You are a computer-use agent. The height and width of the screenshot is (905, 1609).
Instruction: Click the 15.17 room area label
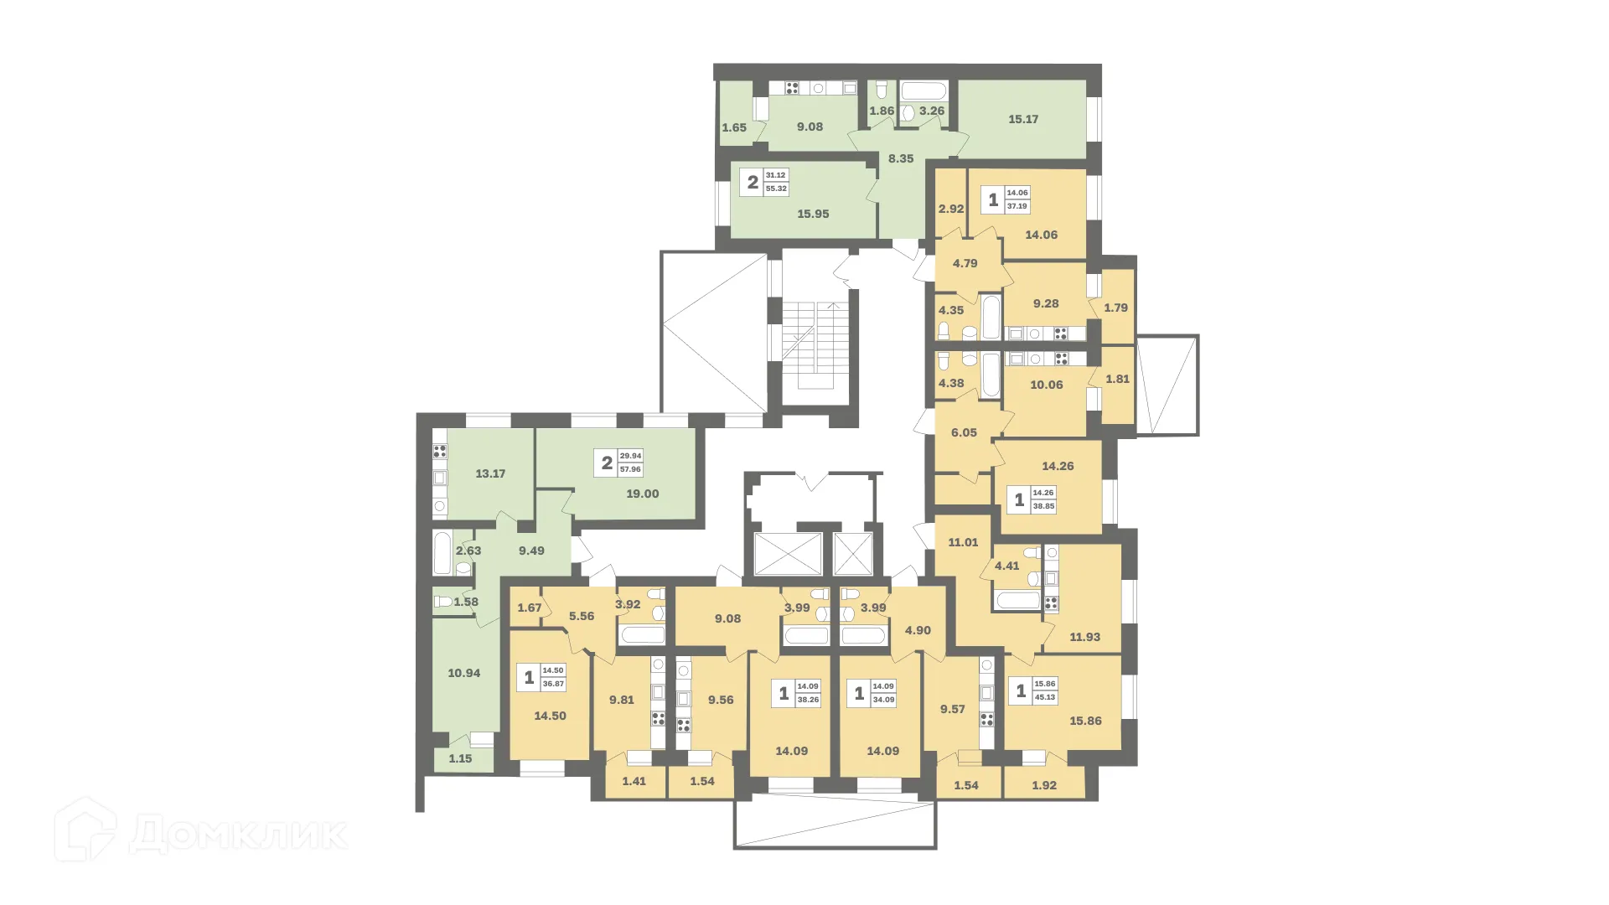tap(1023, 119)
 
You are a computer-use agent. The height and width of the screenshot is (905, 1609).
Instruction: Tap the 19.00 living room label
tap(643, 494)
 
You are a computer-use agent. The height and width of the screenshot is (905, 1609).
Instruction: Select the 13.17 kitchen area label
tap(490, 473)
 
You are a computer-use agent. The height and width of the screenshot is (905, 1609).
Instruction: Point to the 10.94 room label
tap(464, 673)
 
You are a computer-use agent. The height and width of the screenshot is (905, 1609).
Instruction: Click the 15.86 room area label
tap(1085, 721)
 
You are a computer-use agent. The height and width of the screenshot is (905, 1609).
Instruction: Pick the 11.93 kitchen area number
tap(1084, 637)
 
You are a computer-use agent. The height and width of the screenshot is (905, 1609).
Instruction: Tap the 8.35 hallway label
tap(901, 158)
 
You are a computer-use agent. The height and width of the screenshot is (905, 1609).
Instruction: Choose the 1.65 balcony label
tap(734, 127)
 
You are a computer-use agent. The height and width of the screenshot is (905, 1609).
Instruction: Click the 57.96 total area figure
tap(630, 469)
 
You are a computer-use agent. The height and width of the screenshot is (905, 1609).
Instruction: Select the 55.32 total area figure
tap(776, 189)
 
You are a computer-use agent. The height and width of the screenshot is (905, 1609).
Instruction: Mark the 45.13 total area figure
tap(1044, 697)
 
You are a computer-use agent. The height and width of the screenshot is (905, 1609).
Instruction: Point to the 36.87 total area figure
tap(553, 684)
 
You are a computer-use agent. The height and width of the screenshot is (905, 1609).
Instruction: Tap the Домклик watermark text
tap(238, 834)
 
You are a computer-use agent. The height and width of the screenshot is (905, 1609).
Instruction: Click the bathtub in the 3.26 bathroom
tap(924, 92)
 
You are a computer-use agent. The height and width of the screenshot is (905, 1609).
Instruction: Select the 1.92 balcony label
tap(1044, 785)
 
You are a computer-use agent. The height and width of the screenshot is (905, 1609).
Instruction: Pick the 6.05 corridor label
tap(964, 432)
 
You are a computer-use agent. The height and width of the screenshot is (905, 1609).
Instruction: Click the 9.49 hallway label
tap(531, 551)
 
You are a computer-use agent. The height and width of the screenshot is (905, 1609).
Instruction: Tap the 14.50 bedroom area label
tap(550, 716)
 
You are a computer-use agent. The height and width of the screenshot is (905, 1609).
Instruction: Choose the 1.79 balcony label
tap(1115, 308)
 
